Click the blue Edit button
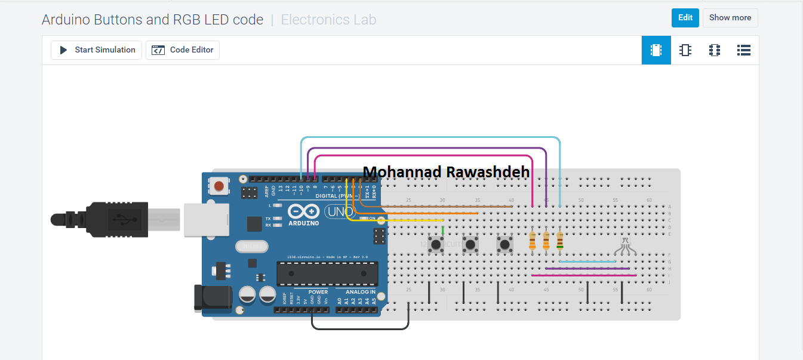pyautogui.click(x=685, y=18)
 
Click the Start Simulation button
pyautogui.click(x=96, y=50)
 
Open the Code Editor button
pyautogui.click(x=183, y=50)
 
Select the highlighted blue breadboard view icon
pyautogui.click(x=656, y=50)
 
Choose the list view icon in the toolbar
pyautogui.click(x=743, y=50)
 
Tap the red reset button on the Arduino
pyautogui.click(x=219, y=186)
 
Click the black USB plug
pyautogui.click(x=113, y=220)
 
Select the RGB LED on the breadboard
pyautogui.click(x=624, y=245)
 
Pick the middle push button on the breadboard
pyautogui.click(x=471, y=244)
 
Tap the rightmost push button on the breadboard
pyautogui.click(x=506, y=244)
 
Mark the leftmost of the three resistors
pyautogui.click(x=533, y=241)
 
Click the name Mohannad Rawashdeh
pyautogui.click(x=446, y=172)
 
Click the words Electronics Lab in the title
pyautogui.click(x=328, y=20)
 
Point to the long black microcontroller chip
pyautogui.click(x=327, y=273)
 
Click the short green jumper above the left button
pyautogui.click(x=442, y=230)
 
